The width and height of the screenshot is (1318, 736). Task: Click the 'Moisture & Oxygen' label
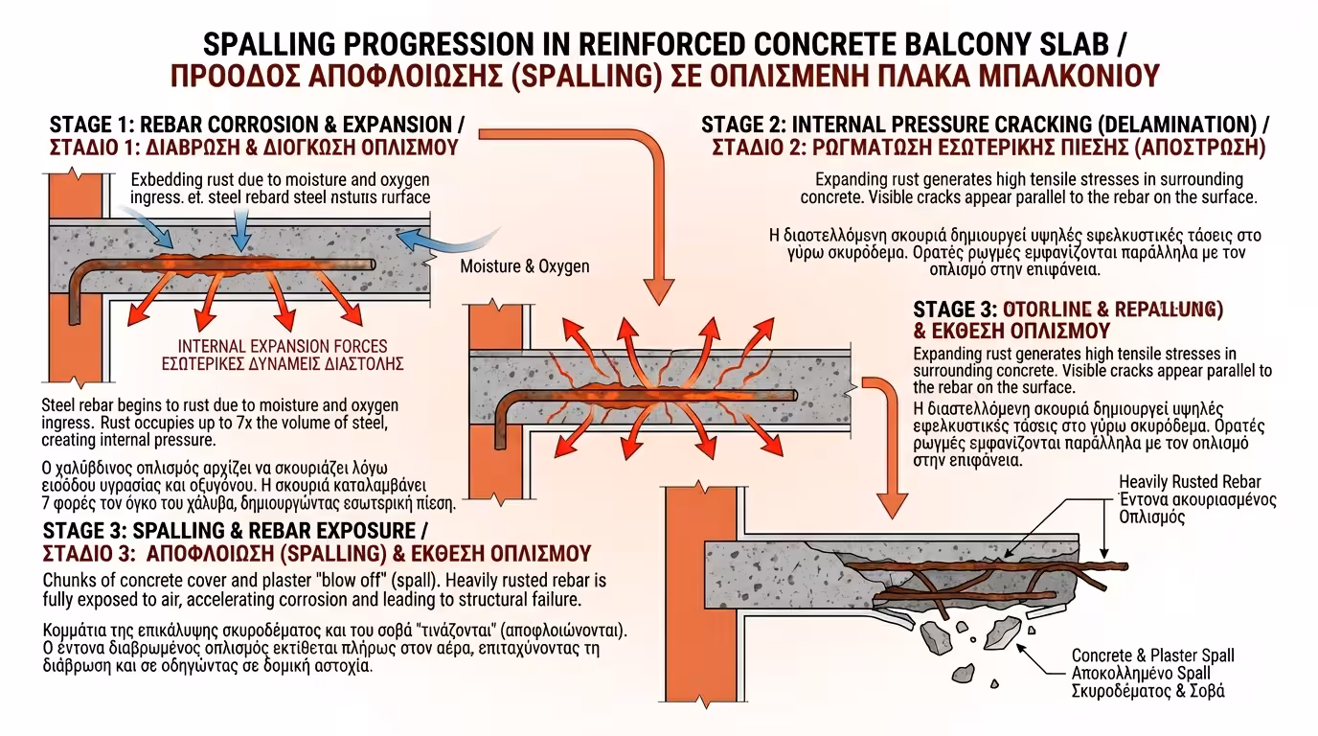click(525, 265)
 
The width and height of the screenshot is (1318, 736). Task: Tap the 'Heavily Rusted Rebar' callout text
click(1190, 481)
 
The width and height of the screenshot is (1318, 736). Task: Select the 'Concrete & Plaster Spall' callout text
click(1152, 655)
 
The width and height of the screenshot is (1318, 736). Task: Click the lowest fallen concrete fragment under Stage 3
click(994, 684)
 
